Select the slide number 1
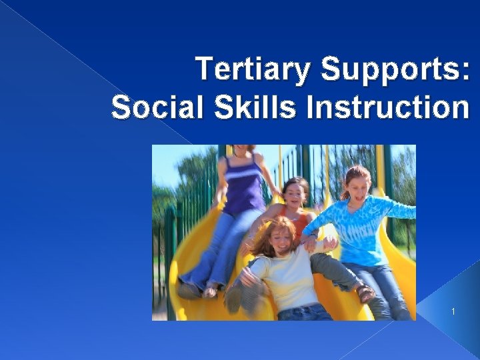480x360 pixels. (453, 311)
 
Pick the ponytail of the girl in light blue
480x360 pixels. (344, 193)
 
